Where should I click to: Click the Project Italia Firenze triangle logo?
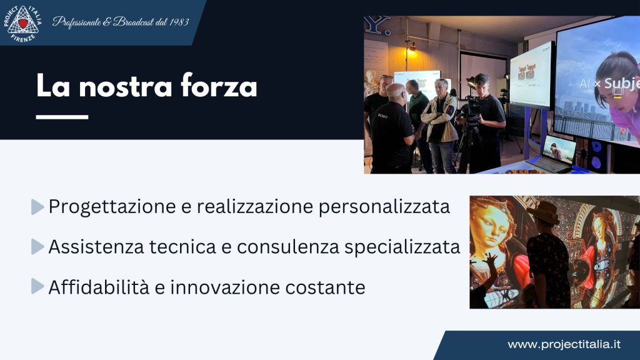pyautogui.click(x=24, y=23)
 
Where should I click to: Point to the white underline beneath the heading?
pyautogui.click(x=62, y=116)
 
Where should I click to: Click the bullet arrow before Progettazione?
pyautogui.click(x=37, y=207)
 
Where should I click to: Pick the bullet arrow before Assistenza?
pyautogui.click(x=37, y=247)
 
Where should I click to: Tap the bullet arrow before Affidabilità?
pyautogui.click(x=37, y=287)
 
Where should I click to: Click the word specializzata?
pyautogui.click(x=403, y=247)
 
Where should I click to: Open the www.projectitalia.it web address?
pyautogui.click(x=564, y=344)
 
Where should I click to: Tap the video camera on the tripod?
pyautogui.click(x=470, y=107)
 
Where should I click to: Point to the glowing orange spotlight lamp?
pyautogui.click(x=412, y=47)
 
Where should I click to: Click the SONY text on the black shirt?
pyautogui.click(x=382, y=116)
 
